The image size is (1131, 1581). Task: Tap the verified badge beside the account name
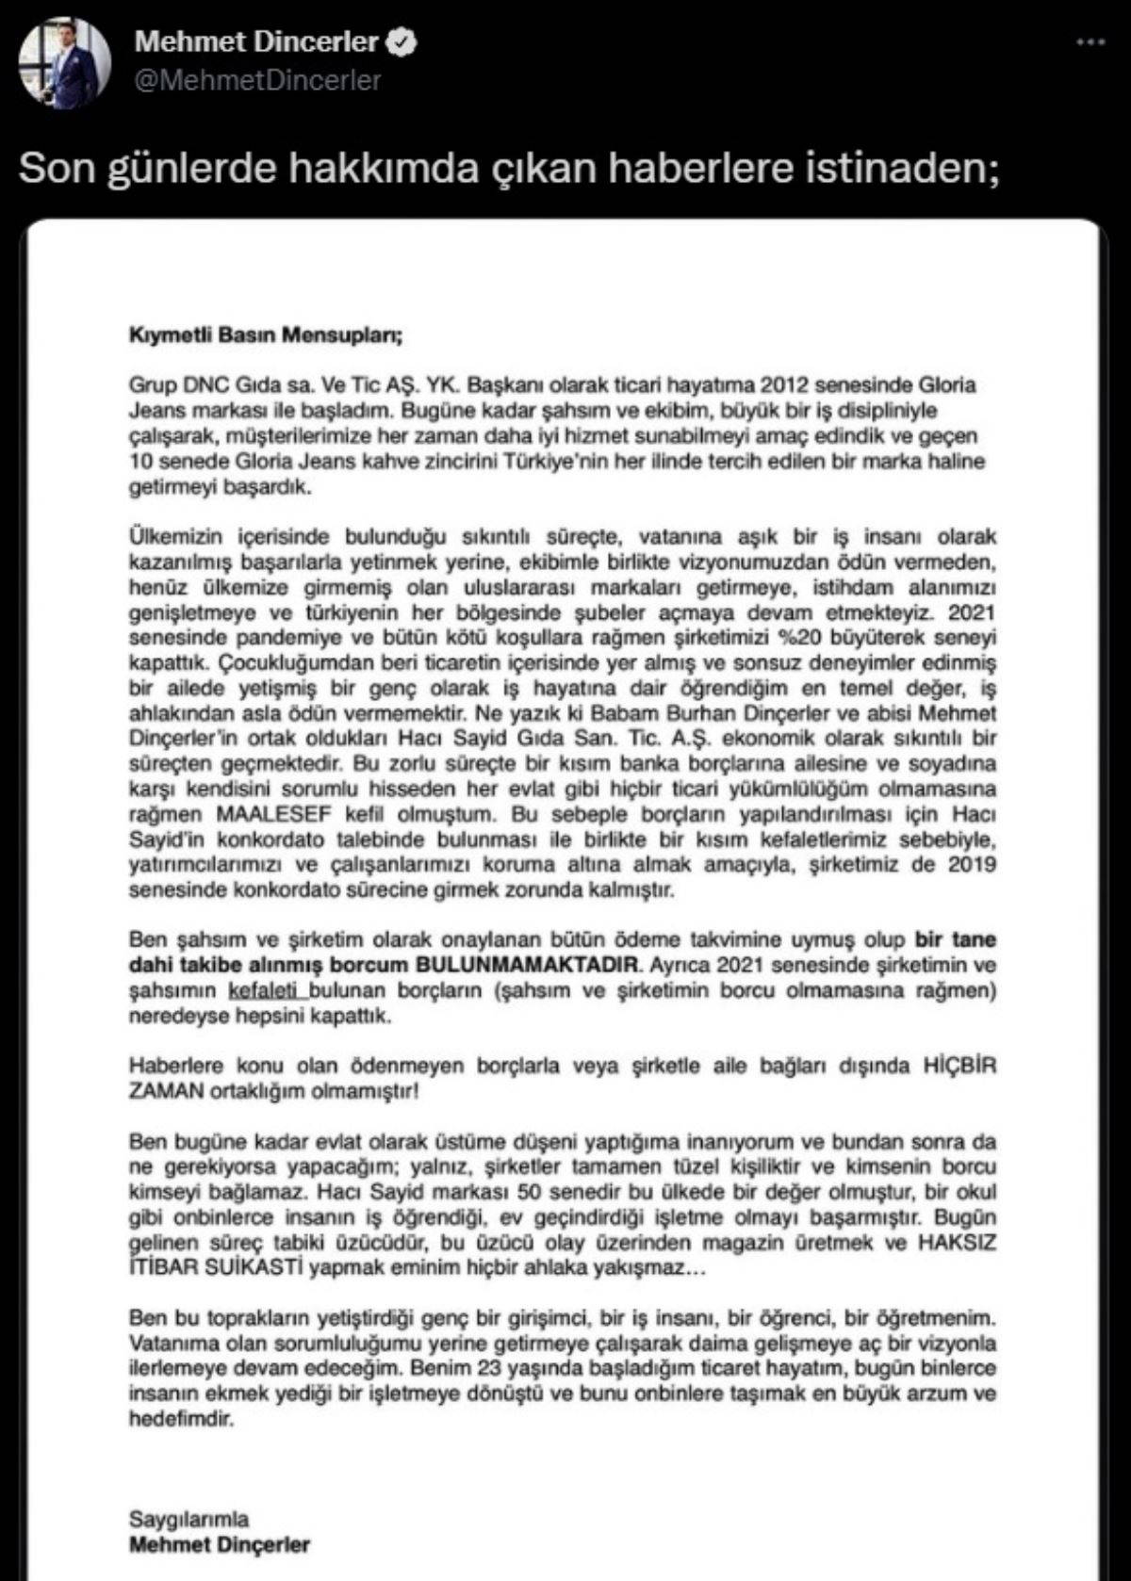[x=405, y=41]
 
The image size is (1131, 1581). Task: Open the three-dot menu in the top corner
[x=1090, y=42]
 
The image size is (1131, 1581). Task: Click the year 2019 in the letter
[x=971, y=865]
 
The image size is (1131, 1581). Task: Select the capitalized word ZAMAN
[x=166, y=1091]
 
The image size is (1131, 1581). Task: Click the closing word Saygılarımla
[x=189, y=1519]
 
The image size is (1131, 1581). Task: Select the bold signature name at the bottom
[x=220, y=1544]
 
